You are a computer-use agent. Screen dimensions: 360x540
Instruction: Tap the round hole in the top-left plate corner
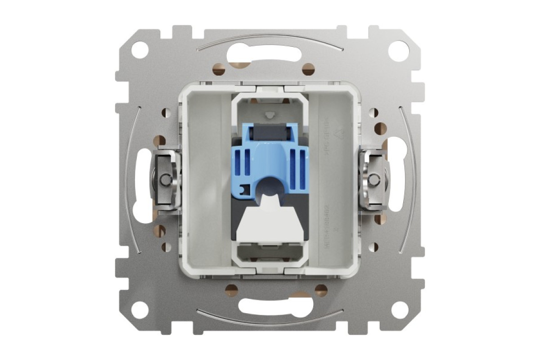[x=140, y=49]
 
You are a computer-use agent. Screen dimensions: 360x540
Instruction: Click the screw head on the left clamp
[x=165, y=180]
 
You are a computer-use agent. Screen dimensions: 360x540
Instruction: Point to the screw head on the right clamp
[x=373, y=180]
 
